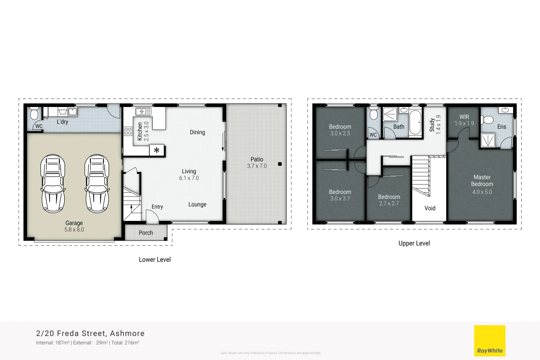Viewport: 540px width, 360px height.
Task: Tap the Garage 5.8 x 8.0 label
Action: point(74,226)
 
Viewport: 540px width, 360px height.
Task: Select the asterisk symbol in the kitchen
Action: point(157,150)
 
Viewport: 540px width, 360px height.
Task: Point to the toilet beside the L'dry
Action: point(34,114)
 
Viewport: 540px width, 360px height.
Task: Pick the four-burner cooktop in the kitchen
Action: point(128,131)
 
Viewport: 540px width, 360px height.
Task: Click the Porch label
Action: point(146,233)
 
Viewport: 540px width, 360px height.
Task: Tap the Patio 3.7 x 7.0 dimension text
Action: point(257,166)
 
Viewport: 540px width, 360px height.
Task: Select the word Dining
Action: point(197,132)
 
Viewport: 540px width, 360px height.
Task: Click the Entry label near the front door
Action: point(157,207)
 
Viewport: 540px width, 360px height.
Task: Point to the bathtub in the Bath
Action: point(415,122)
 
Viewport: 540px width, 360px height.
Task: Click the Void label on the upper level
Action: point(430,208)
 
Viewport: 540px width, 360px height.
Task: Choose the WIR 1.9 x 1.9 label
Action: point(464,120)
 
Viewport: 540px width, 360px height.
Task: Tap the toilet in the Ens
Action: point(488,120)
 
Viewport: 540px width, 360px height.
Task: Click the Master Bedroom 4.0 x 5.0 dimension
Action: point(482,192)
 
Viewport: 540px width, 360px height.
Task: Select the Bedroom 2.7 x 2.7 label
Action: point(389,200)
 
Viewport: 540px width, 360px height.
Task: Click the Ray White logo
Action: point(490,341)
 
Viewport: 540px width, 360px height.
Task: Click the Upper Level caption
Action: point(414,243)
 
